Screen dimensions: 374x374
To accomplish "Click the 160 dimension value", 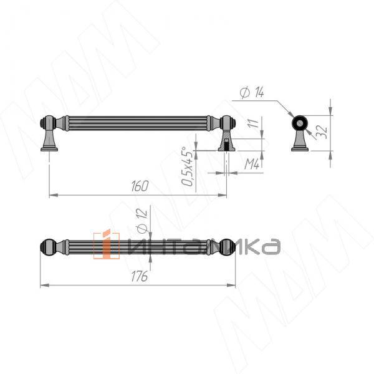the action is coord(140,186).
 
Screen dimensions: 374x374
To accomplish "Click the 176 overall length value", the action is coord(140,276).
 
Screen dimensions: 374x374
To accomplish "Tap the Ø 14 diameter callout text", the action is coord(252,92).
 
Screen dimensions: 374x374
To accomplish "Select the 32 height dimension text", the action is coord(322,132).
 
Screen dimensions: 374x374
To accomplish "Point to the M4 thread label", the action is coord(252,164).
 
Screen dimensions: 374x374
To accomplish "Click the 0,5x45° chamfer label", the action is coord(187,166).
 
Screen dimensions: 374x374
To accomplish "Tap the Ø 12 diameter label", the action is coord(141,221).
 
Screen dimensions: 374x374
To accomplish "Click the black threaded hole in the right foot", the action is coord(226,145).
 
